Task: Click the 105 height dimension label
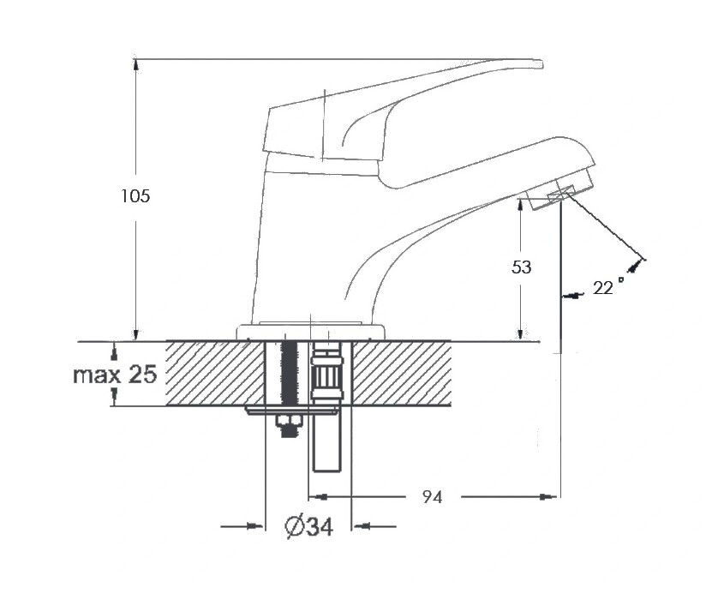pyautogui.click(x=135, y=196)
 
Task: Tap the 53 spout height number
pyautogui.click(x=522, y=267)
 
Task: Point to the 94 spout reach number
pyautogui.click(x=432, y=497)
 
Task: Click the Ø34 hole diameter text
pyautogui.click(x=309, y=526)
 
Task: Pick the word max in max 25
pyautogui.click(x=97, y=375)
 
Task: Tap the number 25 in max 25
pyautogui.click(x=143, y=374)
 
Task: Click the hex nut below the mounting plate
pyautogui.click(x=289, y=421)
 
